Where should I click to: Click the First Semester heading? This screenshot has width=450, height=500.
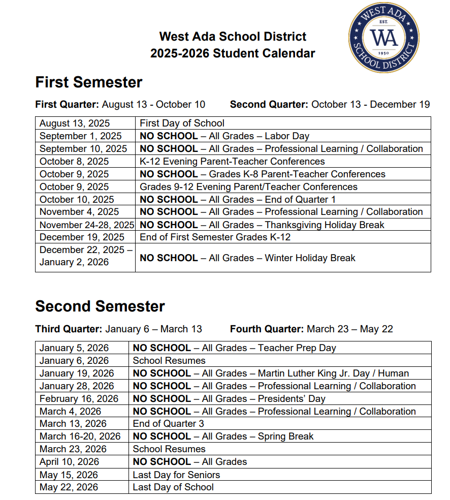(89, 82)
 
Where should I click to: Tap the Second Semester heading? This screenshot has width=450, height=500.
(100, 306)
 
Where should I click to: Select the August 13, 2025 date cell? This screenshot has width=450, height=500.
(75, 123)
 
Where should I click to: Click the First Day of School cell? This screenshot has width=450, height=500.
(182, 123)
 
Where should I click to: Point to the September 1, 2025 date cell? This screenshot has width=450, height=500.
(80, 136)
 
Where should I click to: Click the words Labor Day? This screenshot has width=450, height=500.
(287, 136)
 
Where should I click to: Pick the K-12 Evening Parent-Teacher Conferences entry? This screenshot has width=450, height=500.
(232, 162)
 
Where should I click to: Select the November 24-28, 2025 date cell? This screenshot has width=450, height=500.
(87, 225)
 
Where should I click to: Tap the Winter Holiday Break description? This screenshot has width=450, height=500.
(310, 258)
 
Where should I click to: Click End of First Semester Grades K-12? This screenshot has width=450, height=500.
(215, 237)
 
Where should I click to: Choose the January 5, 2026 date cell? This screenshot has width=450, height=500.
(74, 348)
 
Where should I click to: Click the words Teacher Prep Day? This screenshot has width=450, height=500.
(297, 348)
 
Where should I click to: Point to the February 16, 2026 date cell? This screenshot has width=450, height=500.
(79, 399)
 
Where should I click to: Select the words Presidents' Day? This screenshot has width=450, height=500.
(292, 399)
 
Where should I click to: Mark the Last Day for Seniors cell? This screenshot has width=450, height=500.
(176, 475)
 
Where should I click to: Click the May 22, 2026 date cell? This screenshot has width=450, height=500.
(69, 487)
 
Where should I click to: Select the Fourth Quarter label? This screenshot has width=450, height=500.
(266, 329)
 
